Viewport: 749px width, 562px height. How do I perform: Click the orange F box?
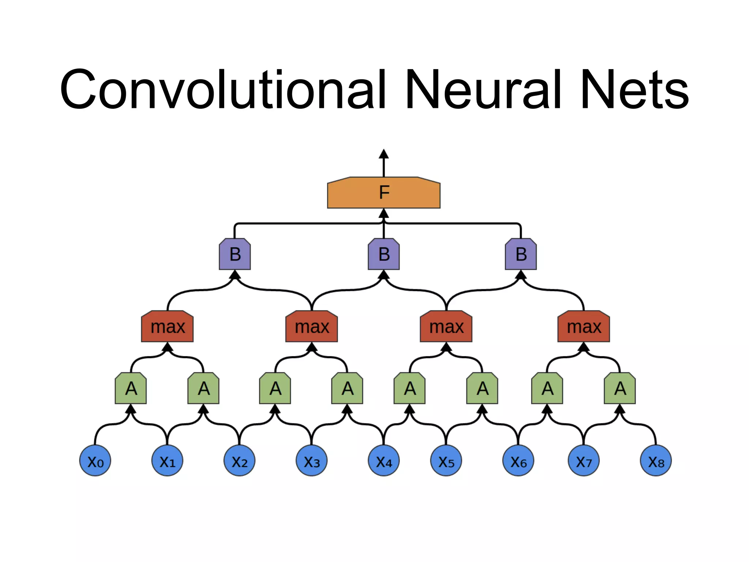click(384, 193)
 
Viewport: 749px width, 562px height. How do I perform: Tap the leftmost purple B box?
click(235, 254)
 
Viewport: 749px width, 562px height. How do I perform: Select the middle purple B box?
click(384, 254)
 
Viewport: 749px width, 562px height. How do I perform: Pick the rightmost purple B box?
click(521, 254)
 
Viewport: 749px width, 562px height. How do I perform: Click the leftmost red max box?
click(168, 326)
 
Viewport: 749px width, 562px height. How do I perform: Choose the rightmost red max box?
click(584, 326)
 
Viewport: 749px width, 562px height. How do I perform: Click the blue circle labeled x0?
click(95, 461)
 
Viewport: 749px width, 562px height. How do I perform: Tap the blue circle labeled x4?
click(384, 461)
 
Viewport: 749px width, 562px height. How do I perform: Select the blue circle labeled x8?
click(656, 461)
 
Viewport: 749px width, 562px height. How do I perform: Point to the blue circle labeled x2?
click(239, 461)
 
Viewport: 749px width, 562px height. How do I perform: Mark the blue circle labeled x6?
click(518, 461)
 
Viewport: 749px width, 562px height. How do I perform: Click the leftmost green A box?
click(131, 388)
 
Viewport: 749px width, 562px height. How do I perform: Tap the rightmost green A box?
click(620, 388)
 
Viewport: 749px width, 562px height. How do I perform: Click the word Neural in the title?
click(483, 90)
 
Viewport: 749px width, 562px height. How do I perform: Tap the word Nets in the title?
click(634, 90)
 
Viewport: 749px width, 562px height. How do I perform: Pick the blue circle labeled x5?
click(446, 461)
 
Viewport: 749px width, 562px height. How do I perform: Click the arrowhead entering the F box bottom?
click(384, 214)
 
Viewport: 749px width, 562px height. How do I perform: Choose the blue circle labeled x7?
click(584, 461)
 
